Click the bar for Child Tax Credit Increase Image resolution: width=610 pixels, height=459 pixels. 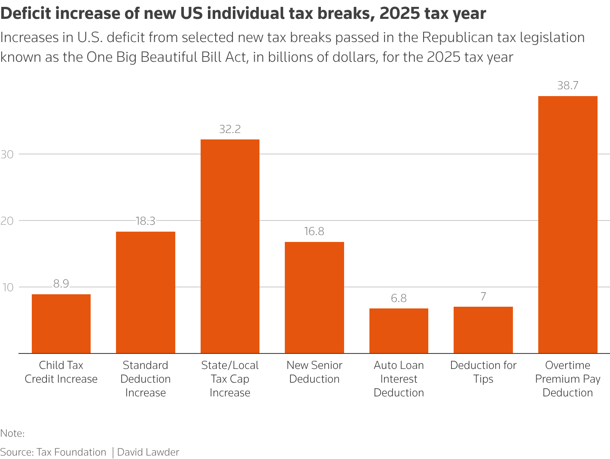coord(61,324)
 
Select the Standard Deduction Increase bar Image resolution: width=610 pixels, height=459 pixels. coord(146,293)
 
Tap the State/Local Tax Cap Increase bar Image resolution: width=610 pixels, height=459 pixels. coord(230,246)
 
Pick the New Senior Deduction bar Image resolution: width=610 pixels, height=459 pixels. coord(314,298)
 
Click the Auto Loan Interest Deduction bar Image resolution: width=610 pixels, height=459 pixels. coord(399,331)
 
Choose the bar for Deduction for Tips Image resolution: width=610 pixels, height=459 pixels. coord(483,330)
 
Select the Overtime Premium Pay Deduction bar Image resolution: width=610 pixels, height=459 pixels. coord(567,225)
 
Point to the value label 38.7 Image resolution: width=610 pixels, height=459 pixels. coord(567,86)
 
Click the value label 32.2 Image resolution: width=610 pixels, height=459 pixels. coord(230,129)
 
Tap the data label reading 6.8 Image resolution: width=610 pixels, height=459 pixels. coord(399,298)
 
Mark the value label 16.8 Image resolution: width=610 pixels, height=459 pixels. coord(314,232)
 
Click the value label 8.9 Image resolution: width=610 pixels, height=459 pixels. coord(61,284)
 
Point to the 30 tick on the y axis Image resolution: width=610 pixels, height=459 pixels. coord(7,154)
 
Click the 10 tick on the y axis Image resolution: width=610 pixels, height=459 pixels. coord(7,287)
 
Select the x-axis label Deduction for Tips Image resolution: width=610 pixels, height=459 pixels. coord(483,372)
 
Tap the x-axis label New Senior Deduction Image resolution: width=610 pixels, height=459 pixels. coord(314,372)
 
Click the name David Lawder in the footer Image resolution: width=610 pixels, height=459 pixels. coord(148,452)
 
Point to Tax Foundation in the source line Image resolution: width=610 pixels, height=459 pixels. coord(71,452)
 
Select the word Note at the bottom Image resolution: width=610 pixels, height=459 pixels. coord(11,433)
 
